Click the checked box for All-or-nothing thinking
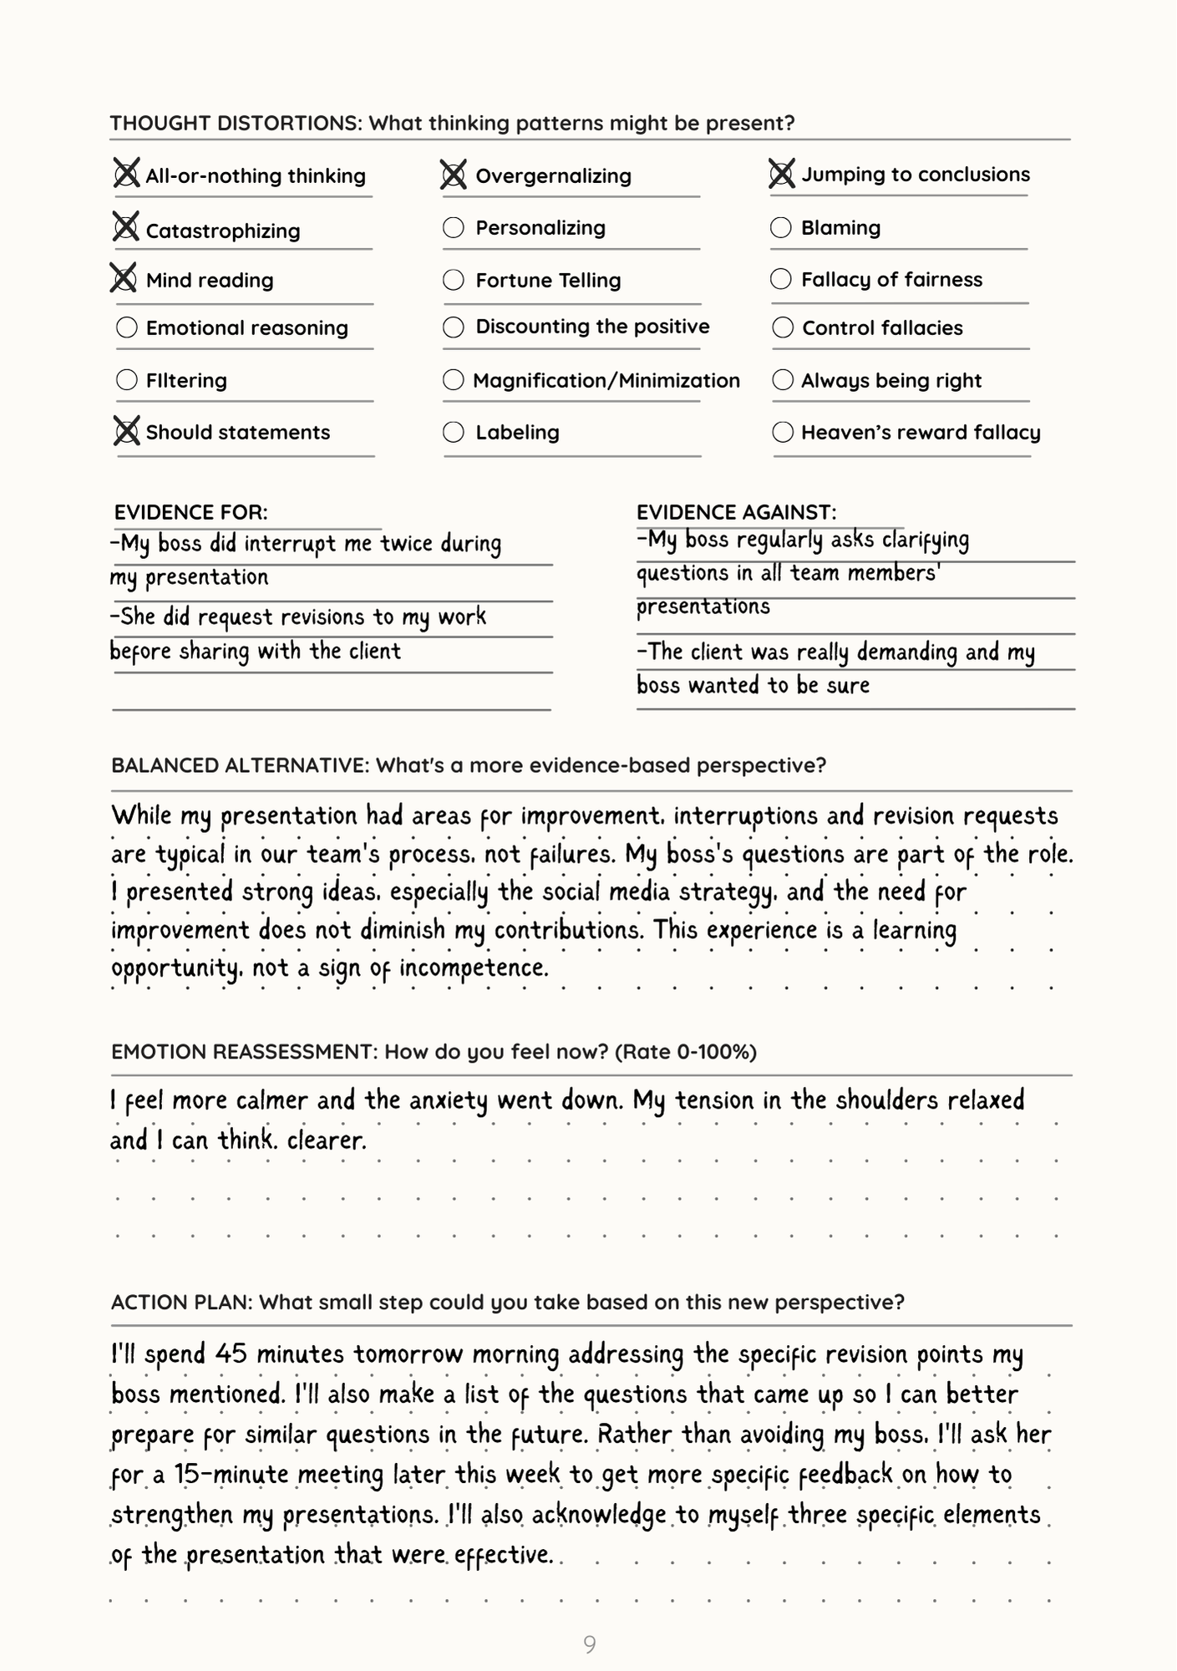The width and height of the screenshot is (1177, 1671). pyautogui.click(x=126, y=175)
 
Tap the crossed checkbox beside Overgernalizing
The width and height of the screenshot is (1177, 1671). pyautogui.click(x=454, y=175)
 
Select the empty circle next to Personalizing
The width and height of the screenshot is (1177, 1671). pyautogui.click(x=454, y=227)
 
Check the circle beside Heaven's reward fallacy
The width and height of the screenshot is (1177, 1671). pyautogui.click(x=783, y=432)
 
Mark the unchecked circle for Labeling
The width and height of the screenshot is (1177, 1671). pyautogui.click(x=454, y=432)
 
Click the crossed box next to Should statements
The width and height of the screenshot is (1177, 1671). pyautogui.click(x=126, y=432)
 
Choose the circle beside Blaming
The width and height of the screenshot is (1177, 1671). pyautogui.click(x=781, y=227)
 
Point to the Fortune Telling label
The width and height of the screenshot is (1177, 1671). pyautogui.click(x=548, y=280)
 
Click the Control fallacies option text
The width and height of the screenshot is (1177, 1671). pyautogui.click(x=882, y=328)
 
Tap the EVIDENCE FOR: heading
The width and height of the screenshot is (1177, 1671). pyautogui.click(x=191, y=512)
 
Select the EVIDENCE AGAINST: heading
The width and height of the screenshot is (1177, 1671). pyautogui.click(x=736, y=512)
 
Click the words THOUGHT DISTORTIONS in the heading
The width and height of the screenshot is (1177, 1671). pyautogui.click(x=235, y=124)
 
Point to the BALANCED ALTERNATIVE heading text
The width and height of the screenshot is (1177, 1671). pyautogui.click(x=240, y=765)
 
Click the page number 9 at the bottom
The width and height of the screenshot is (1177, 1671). pyautogui.click(x=590, y=1645)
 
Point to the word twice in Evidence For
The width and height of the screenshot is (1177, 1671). pyautogui.click(x=407, y=544)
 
